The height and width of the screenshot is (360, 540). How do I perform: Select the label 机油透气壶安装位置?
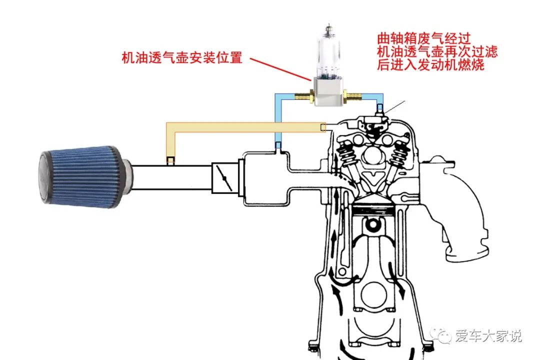pos(182,58)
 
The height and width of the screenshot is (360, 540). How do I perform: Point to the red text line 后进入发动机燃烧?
pos(430,65)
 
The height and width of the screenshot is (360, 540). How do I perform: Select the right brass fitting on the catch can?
pos(352,94)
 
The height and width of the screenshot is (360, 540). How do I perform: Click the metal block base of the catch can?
pos(327,92)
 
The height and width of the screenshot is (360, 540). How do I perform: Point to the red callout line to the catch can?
pos(280,68)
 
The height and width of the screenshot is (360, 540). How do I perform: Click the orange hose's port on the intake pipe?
pos(171,160)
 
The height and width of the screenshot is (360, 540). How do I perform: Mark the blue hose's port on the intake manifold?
pos(278,146)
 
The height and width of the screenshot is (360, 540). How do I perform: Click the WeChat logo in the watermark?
pos(442,335)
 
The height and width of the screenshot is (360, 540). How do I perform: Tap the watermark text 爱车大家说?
pos(488,336)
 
